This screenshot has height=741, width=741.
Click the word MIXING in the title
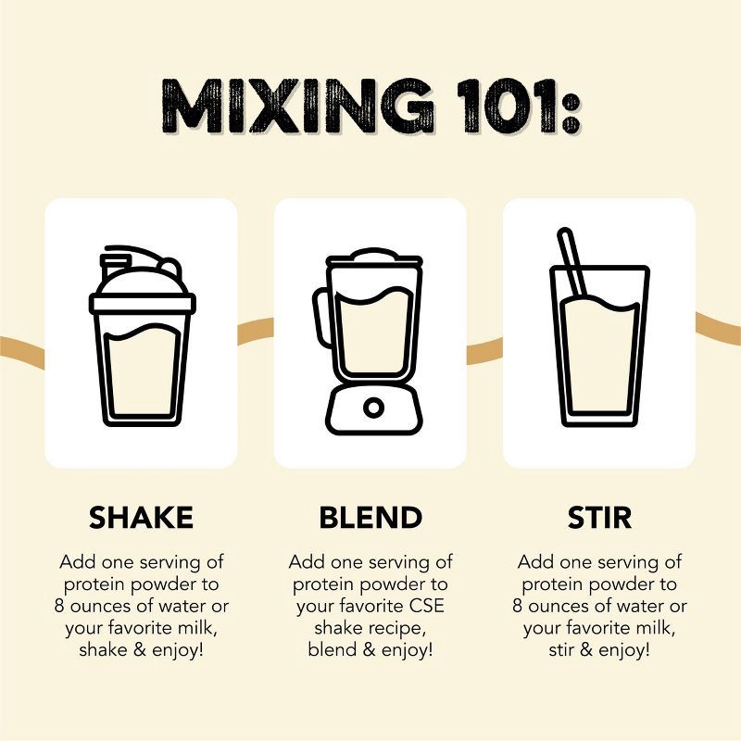[x=296, y=106]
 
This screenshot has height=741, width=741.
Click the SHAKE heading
[x=142, y=518]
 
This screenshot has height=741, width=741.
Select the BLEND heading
[x=370, y=518]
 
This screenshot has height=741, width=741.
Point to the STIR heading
[x=599, y=518]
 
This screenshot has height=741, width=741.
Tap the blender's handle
[x=320, y=318]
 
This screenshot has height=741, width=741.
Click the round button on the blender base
[x=373, y=408]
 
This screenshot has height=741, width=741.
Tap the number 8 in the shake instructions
[x=59, y=606]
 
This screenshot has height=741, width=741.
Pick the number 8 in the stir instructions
[x=518, y=606]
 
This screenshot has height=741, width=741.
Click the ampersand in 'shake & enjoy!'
[x=140, y=650]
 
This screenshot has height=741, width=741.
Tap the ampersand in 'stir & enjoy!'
[x=586, y=650]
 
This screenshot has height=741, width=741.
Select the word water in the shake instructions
[x=182, y=606]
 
